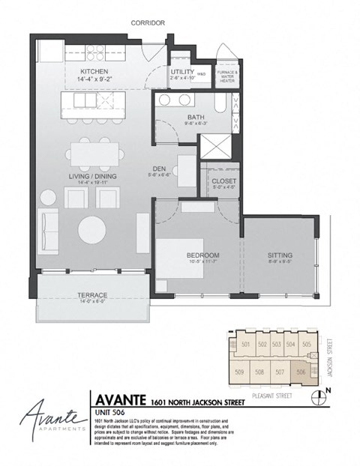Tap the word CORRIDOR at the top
[x=148, y=22]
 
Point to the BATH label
[x=195, y=118]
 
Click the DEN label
[x=159, y=169]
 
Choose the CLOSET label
[x=225, y=181]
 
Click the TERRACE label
[x=93, y=294]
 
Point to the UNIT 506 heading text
[x=109, y=411]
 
